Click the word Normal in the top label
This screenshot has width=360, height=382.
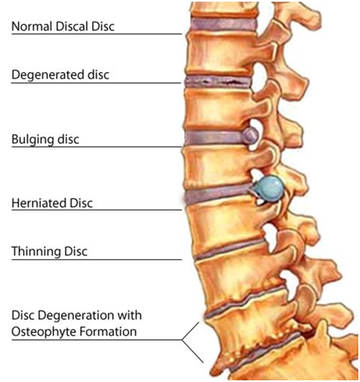coord(32,27)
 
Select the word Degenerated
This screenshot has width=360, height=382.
coord(48,75)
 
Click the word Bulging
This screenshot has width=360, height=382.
coord(32,139)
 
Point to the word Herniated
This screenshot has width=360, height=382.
coord(39,203)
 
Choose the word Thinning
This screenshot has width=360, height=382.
coord(36,252)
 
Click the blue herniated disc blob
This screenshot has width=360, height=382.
coord(269,189)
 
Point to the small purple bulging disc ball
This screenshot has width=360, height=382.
coord(250,136)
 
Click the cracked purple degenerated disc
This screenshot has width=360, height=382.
coord(217,81)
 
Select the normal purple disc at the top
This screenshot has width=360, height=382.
coord(223,24)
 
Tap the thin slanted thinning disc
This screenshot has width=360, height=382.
coord(231,249)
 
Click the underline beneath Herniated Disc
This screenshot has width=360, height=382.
coord(96,210)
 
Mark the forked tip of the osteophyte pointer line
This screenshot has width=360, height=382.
coord(182,340)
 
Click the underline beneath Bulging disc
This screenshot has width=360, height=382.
coord(96,147)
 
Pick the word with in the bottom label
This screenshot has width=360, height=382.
coord(131,315)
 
